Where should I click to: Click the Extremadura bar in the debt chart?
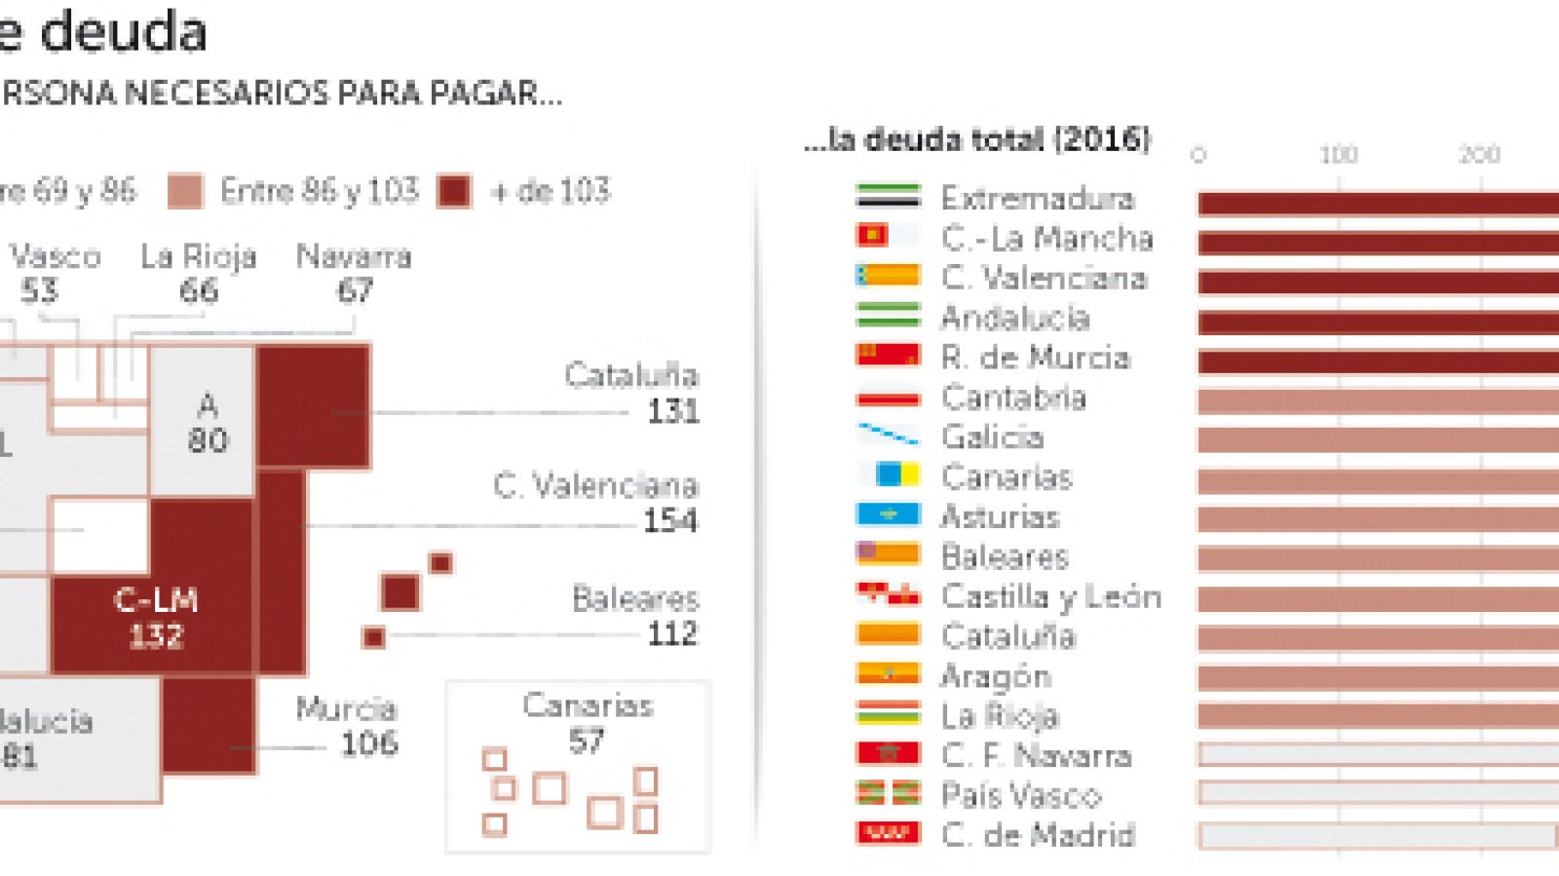coord(1378,203)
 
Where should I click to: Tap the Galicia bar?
coord(1378,440)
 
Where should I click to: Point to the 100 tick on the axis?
coord(1338,154)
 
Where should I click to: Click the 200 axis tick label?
coord(1478,154)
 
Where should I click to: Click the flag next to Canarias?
coord(888,476)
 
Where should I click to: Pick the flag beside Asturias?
coord(888,514)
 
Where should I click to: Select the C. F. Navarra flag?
coord(888,753)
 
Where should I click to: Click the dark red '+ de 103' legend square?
coord(454,191)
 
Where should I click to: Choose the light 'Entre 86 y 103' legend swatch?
coord(185,191)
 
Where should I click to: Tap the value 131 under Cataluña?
coord(673,411)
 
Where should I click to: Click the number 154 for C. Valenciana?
coord(670,520)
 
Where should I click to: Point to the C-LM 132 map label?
coord(156,618)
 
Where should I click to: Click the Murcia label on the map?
coord(346,708)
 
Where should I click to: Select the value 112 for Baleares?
coord(672,634)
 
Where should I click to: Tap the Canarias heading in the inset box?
coord(588,705)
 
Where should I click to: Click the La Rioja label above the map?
coord(199,256)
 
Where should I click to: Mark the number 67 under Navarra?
coord(355,290)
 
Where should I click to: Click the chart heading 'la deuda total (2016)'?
coord(977,139)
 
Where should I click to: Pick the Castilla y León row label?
coord(1051,596)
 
